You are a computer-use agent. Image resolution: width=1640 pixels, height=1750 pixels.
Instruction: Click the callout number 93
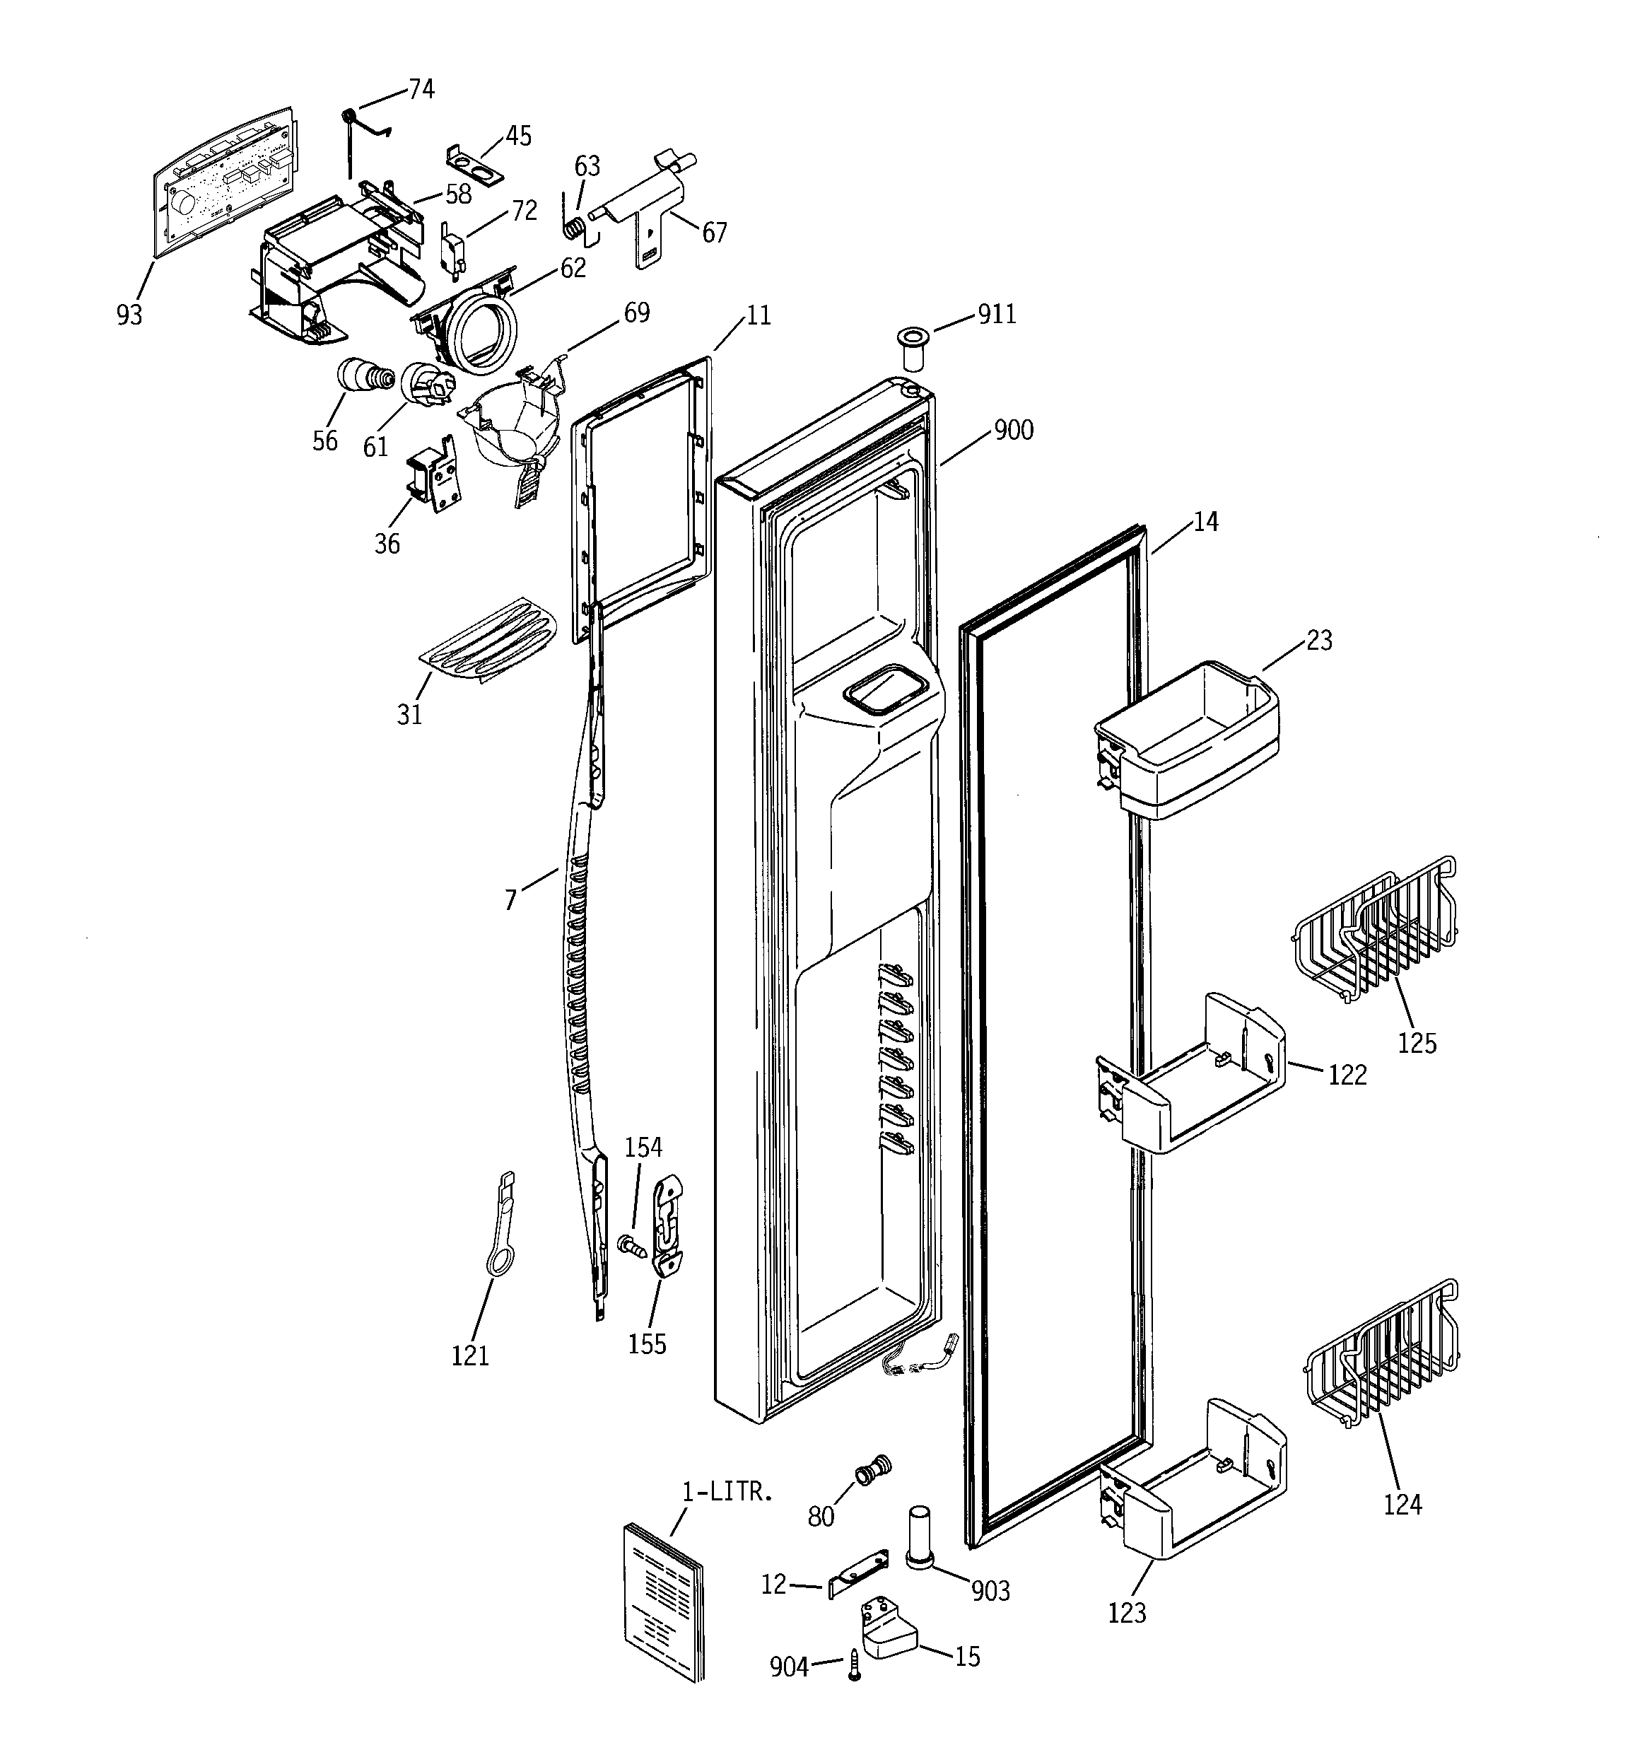tap(129, 314)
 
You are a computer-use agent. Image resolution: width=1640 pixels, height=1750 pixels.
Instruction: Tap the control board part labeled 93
tap(225, 183)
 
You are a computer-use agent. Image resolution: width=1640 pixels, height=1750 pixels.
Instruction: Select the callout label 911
tap(997, 314)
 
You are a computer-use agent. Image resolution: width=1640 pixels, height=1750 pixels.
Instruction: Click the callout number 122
tap(1347, 1075)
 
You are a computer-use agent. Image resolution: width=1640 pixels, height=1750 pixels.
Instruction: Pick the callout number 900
tap(1013, 431)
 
